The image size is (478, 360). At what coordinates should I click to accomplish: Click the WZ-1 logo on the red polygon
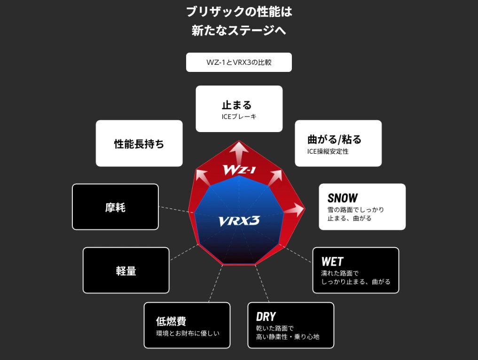(239, 170)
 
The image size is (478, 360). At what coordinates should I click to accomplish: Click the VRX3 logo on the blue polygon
(239, 221)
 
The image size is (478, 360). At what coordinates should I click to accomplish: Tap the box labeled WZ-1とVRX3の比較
(239, 63)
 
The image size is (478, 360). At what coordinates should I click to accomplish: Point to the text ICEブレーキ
(239, 116)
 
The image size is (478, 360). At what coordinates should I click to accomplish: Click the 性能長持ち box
(139, 144)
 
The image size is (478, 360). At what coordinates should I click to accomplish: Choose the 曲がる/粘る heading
(334, 139)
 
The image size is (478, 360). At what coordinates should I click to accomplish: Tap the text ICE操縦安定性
(328, 151)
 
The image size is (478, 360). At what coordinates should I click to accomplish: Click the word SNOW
(343, 198)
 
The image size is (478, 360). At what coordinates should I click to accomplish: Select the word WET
(332, 261)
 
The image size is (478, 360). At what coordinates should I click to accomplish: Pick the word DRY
(266, 316)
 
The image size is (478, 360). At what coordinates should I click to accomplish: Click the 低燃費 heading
(171, 321)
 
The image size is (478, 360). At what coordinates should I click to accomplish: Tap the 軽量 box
(126, 271)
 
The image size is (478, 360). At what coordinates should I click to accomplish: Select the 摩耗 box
(115, 207)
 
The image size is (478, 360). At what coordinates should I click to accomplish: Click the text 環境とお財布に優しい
(188, 333)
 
